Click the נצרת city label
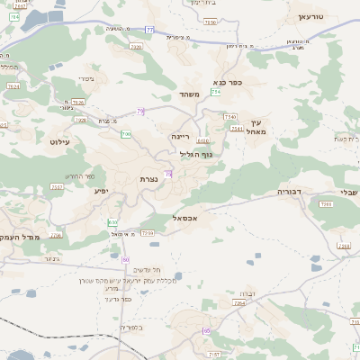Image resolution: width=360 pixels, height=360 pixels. pyautogui.click(x=150, y=180)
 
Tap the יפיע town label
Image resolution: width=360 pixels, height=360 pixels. pyautogui.click(x=102, y=190)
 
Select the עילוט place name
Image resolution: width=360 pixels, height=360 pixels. pyautogui.click(x=60, y=142)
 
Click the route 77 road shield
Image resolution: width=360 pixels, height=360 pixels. pyautogui.click(x=150, y=30)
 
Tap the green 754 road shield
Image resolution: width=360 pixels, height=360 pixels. pyautogui.click(x=216, y=92)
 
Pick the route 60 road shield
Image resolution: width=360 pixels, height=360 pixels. pyautogui.click(x=126, y=259)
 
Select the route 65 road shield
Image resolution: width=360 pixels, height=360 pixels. pyautogui.click(x=206, y=331)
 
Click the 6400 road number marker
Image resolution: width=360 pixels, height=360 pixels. pyautogui.click(x=203, y=141)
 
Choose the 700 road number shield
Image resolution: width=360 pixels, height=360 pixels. pyautogui.click(x=127, y=134)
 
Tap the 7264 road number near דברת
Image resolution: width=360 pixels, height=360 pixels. pyautogui.click(x=239, y=303)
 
